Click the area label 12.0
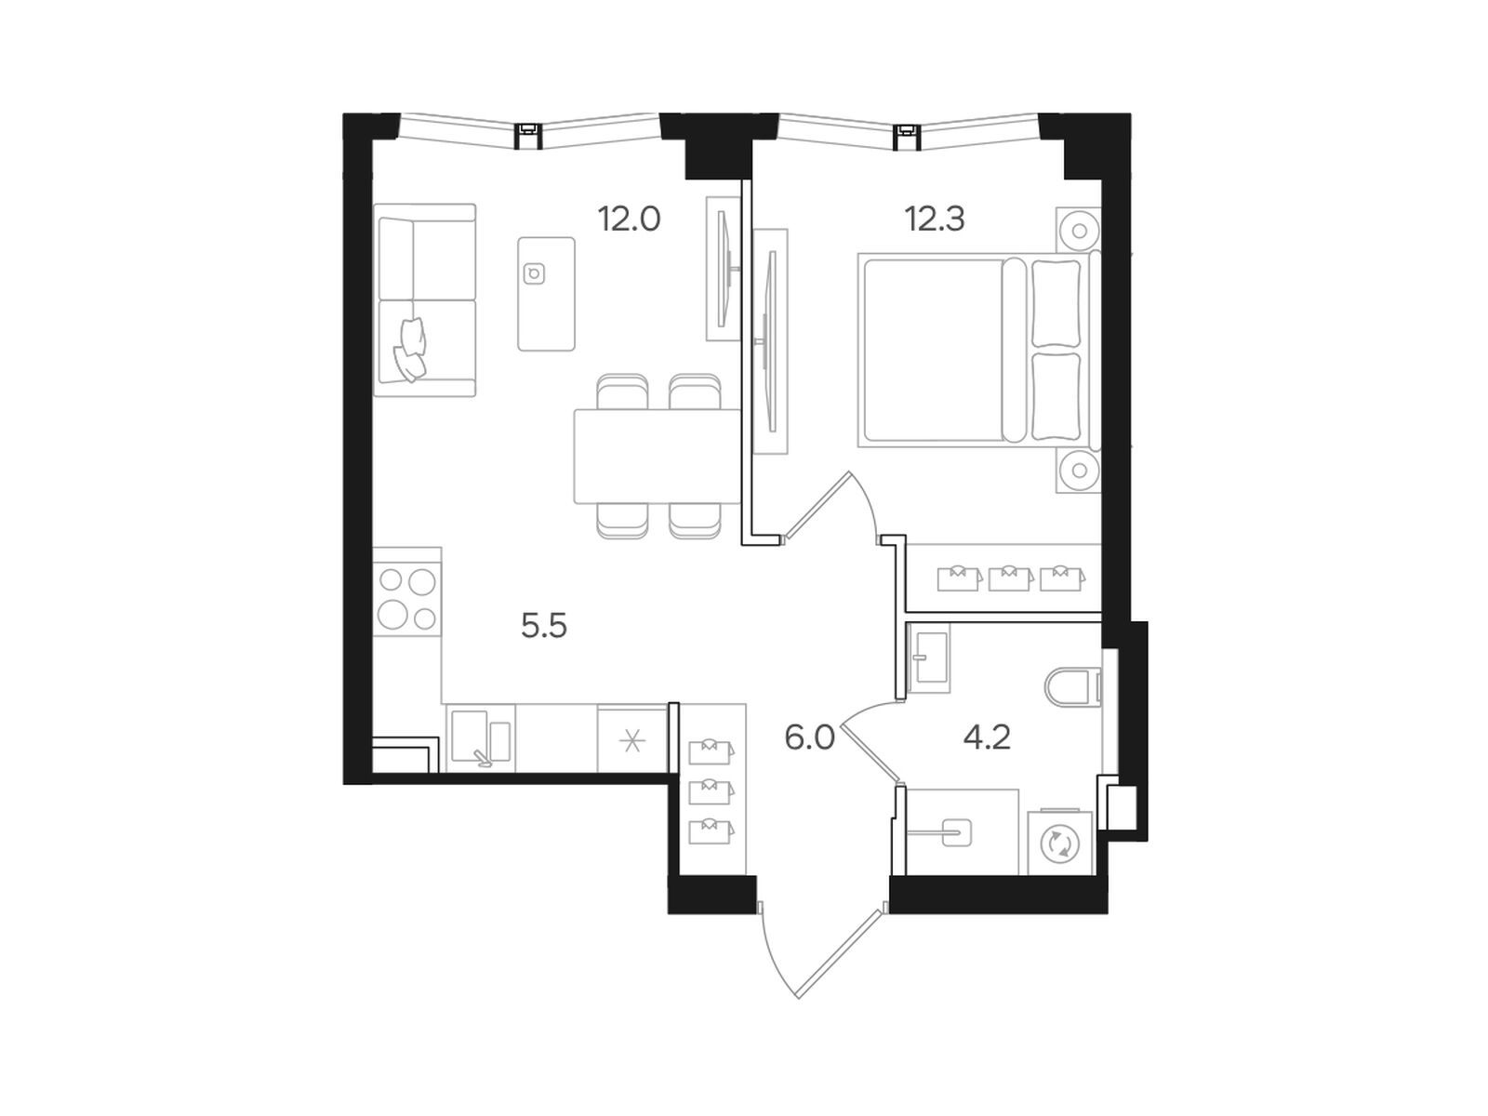(629, 219)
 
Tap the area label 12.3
(934, 219)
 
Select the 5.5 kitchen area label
(544, 625)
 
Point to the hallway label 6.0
(809, 737)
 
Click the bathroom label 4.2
(987, 737)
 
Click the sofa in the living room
(425, 300)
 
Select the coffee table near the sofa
(547, 293)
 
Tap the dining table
(657, 456)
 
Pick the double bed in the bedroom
(978, 351)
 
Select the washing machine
(1059, 843)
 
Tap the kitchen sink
(480, 738)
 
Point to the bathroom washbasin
(929, 658)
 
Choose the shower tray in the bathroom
(963, 831)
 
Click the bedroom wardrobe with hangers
(1004, 578)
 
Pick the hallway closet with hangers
(711, 790)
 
